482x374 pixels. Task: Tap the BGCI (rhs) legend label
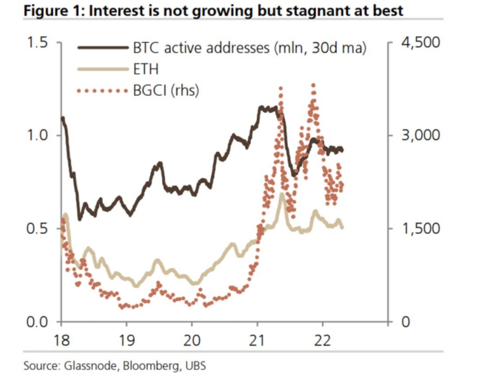[x=166, y=90]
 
